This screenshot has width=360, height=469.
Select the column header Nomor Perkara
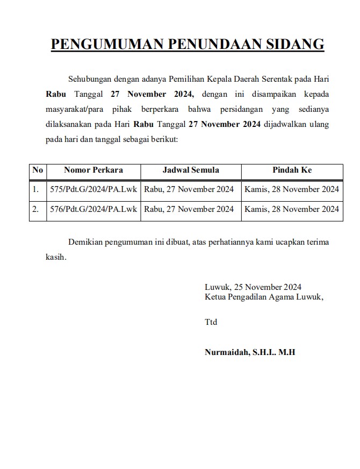(x=93, y=170)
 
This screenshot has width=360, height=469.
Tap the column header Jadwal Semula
(x=191, y=170)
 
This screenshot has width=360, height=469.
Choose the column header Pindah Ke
(x=292, y=170)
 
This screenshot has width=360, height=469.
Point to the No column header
(x=38, y=170)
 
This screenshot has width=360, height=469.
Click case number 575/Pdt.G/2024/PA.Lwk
(x=93, y=189)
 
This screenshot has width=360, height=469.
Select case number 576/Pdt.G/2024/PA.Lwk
(x=93, y=209)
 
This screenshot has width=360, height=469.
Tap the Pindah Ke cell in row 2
(x=292, y=209)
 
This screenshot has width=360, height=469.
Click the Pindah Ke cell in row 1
(x=292, y=189)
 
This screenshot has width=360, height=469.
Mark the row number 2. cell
(x=36, y=209)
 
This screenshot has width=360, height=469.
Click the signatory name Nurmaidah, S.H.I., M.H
(x=250, y=352)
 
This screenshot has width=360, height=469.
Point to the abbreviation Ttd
(x=211, y=322)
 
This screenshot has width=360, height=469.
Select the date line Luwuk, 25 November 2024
(x=253, y=287)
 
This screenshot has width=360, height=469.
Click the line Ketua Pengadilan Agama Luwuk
(x=264, y=297)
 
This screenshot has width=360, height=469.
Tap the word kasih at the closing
(x=56, y=257)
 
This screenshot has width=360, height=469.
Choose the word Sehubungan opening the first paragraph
(x=91, y=79)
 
